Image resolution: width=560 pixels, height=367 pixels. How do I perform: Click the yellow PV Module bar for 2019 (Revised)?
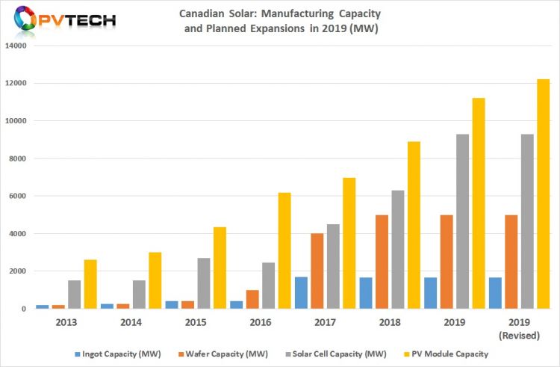(543, 194)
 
